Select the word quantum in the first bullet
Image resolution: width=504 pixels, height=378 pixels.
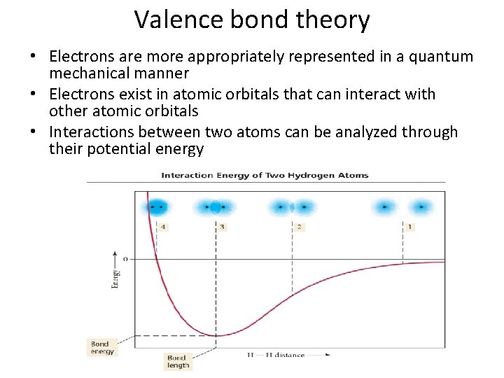click(x=442, y=57)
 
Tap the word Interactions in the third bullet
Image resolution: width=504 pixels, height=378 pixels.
click(x=92, y=132)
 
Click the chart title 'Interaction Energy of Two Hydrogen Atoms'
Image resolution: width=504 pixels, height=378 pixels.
click(x=265, y=175)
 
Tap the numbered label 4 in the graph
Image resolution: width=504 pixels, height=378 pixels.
click(x=163, y=227)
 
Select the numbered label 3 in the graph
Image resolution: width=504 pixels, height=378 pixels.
click(x=222, y=227)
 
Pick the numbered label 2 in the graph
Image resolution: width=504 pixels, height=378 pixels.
click(x=299, y=227)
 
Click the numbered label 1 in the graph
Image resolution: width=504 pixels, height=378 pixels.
click(x=409, y=227)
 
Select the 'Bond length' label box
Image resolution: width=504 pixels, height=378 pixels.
click(x=178, y=362)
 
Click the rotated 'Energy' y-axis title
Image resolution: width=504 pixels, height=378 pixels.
click(x=115, y=278)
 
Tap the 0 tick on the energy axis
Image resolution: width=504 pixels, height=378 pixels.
click(x=125, y=259)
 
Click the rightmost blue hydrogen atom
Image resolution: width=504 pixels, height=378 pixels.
click(x=421, y=206)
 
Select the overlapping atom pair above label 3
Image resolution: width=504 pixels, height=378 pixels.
click(x=216, y=206)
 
